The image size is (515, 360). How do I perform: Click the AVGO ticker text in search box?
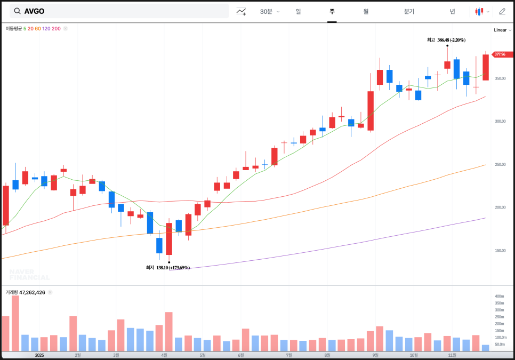click(x=34, y=11)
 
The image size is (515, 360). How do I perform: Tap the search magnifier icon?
click(x=17, y=11)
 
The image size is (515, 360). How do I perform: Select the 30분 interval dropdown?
click(x=269, y=11)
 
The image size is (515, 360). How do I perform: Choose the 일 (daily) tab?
click(x=298, y=11)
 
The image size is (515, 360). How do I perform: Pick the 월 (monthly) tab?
click(x=366, y=11)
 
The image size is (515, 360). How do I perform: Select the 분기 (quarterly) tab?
click(x=409, y=11)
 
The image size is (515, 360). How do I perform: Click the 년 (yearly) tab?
click(x=452, y=11)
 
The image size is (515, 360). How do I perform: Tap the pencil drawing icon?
click(x=502, y=11)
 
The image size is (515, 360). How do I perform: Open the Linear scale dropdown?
click(x=502, y=30)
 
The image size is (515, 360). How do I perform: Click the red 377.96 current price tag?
click(x=502, y=54)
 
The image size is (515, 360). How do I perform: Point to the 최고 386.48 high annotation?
click(x=446, y=40)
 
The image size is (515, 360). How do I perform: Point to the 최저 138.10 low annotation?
click(x=168, y=268)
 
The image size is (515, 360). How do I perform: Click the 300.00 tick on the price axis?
click(x=500, y=121)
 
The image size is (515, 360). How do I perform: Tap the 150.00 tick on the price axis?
click(x=500, y=250)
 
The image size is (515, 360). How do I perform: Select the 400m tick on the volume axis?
click(x=499, y=296)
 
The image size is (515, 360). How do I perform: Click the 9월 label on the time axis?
click(x=375, y=355)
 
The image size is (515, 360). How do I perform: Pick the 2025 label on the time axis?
click(x=39, y=355)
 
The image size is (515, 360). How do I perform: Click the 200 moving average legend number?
click(x=56, y=28)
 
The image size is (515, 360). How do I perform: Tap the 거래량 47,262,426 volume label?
click(x=25, y=292)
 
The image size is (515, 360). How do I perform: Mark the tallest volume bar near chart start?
click(x=15, y=323)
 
